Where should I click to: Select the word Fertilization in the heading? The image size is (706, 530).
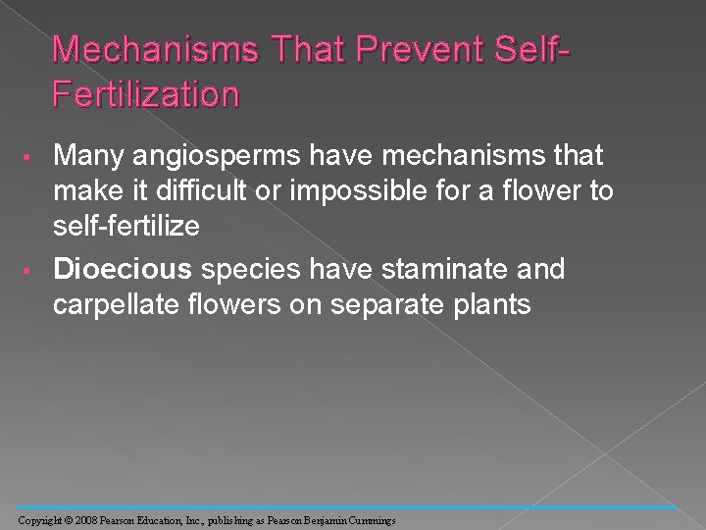145,94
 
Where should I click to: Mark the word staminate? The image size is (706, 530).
425,268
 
